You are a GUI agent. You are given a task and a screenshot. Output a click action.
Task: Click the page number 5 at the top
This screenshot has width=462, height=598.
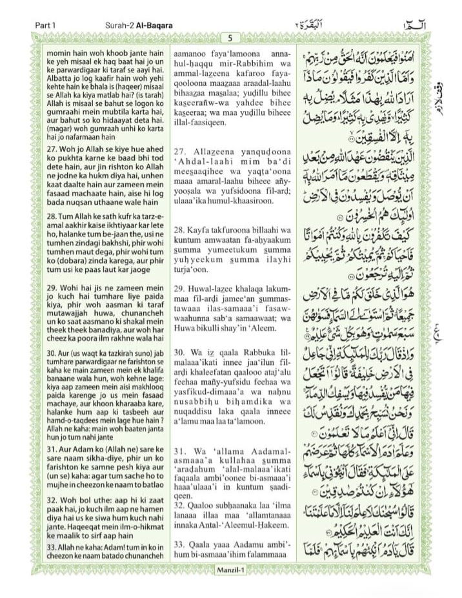tap(230, 38)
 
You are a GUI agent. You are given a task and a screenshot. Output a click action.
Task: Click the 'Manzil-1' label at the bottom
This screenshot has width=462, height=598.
tap(230, 568)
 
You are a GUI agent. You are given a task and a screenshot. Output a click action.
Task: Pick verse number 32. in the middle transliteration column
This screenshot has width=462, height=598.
tap(181, 524)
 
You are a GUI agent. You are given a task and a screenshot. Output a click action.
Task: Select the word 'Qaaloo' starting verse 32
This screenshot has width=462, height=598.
tap(204, 524)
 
